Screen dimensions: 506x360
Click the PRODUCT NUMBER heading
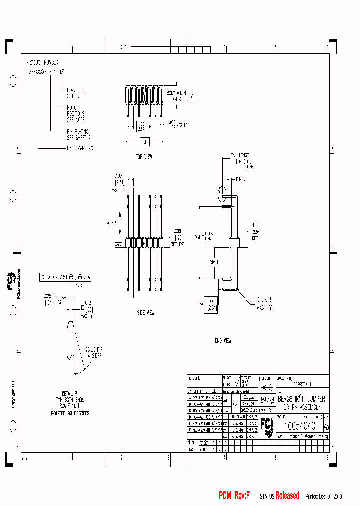tap(42, 63)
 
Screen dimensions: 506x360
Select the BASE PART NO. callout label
tap(80, 148)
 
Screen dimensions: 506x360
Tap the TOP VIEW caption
tap(144, 157)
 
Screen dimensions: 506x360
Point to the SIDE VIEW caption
tap(146, 312)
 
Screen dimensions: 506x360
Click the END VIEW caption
tap(223, 340)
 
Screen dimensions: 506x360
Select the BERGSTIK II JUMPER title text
tap(301, 399)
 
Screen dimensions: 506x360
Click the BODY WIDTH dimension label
tap(176, 93)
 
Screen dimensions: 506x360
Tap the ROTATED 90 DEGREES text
tap(70, 414)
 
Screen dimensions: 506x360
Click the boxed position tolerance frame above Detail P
tap(66, 276)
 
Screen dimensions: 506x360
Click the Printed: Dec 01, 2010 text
tap(324, 496)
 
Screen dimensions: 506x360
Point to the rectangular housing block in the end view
tap(234, 243)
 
